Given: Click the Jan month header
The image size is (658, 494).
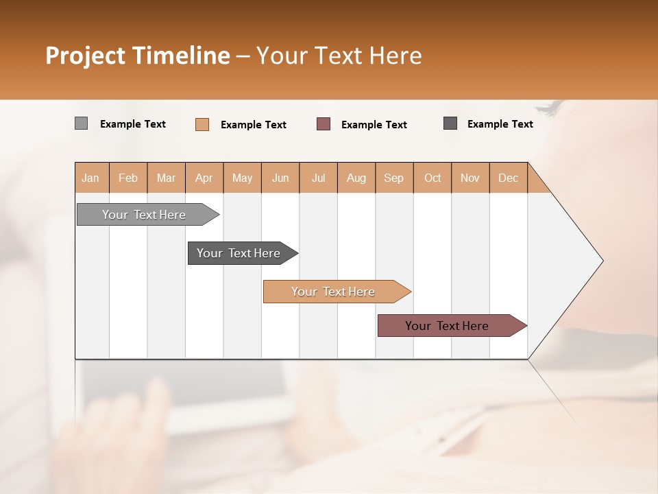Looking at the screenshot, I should (x=91, y=178).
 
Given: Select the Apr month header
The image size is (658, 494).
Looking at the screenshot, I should (x=204, y=178).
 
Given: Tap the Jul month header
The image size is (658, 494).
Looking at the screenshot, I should (x=319, y=178).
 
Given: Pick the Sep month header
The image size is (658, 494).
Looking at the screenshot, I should (x=394, y=178).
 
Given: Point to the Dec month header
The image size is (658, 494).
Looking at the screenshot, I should (x=509, y=178).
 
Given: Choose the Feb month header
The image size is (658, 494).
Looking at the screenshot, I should (x=128, y=178).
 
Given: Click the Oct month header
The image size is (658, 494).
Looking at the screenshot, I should (x=432, y=178).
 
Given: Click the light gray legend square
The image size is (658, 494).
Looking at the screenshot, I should (x=81, y=123).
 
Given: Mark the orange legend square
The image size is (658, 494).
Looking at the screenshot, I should (x=202, y=124).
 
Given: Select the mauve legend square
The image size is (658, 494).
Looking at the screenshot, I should (x=324, y=124).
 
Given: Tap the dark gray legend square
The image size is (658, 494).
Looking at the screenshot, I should (x=450, y=123).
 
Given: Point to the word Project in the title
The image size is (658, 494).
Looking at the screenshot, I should (x=84, y=56).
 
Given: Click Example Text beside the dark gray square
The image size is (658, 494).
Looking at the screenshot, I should (x=500, y=124).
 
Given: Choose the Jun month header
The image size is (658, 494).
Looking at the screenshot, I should (x=280, y=178).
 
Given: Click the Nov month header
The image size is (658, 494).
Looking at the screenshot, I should (x=470, y=178).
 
